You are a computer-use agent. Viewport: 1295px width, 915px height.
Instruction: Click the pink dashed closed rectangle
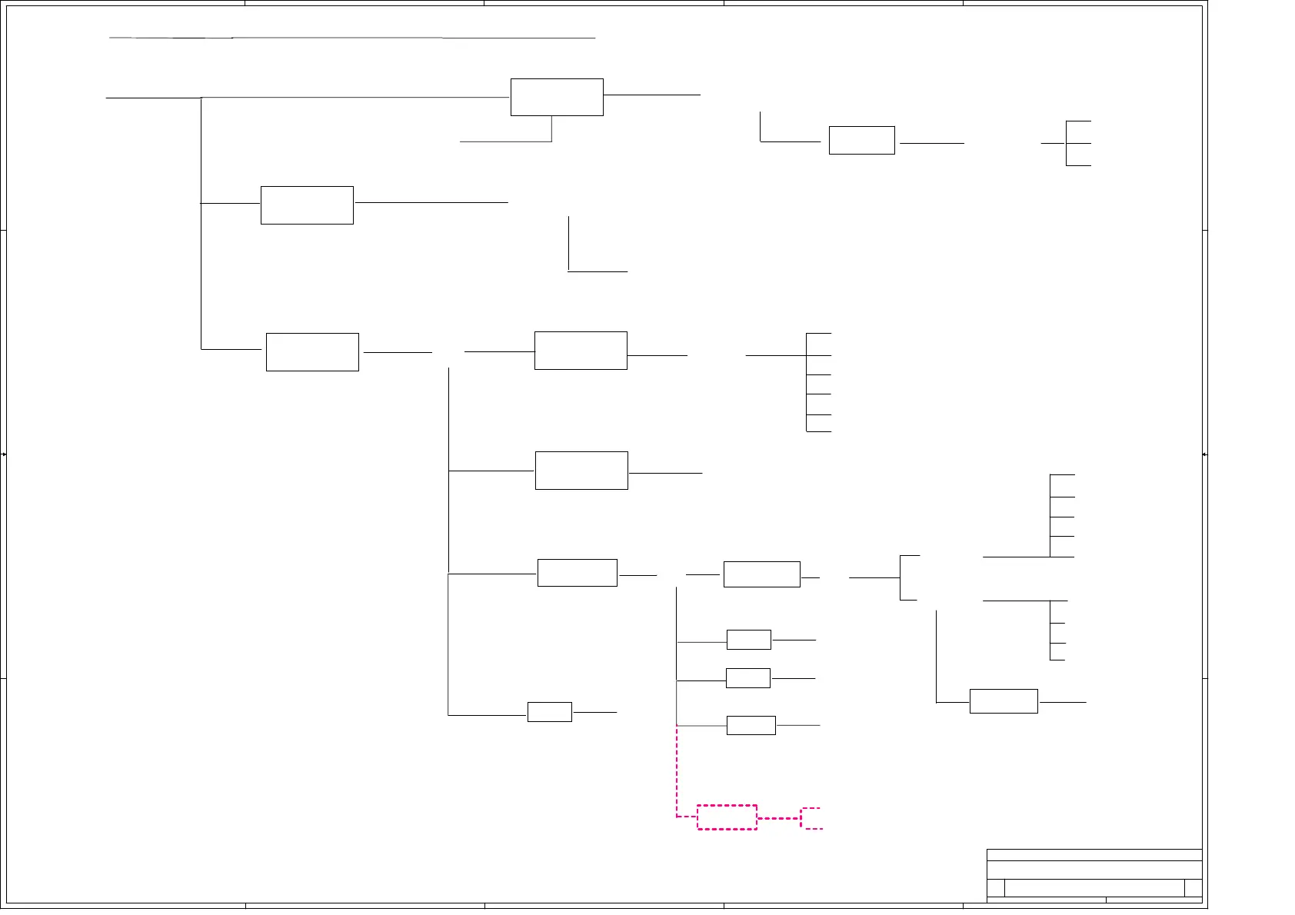pos(727,817)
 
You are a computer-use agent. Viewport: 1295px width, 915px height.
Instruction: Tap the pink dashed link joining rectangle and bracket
pos(778,818)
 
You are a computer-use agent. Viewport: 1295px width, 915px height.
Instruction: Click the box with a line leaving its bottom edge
pos(557,97)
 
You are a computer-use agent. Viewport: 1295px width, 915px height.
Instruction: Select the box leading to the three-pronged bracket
pos(861,140)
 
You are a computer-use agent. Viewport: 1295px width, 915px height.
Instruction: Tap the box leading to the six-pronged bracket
pos(581,351)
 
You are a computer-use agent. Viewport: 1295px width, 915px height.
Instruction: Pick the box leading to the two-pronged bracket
pos(761,574)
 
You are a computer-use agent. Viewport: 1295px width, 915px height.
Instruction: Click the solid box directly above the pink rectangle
pos(751,725)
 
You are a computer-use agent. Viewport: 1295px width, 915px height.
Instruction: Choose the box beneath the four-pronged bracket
pos(1004,701)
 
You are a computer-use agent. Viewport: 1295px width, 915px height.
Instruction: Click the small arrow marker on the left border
pos(4,454)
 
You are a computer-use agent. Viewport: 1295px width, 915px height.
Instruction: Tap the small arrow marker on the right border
pos(1204,454)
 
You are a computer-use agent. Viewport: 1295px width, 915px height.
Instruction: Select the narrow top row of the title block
pos(1094,854)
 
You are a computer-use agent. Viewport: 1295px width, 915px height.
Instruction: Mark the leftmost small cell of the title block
pos(996,888)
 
